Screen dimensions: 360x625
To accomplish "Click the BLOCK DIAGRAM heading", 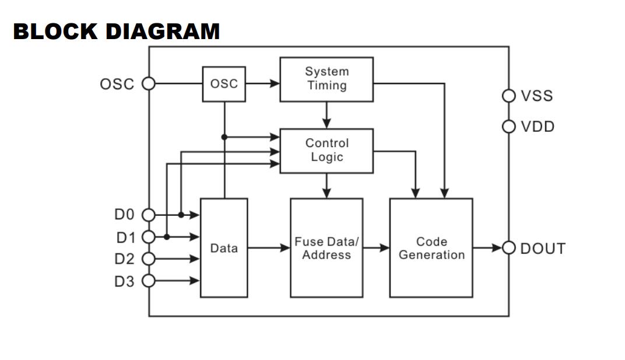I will point(116,32).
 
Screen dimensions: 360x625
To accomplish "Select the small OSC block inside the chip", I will point(224,84).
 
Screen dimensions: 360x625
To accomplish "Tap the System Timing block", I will point(326,79).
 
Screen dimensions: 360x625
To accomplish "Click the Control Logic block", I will point(326,151).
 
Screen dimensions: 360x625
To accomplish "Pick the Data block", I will point(224,248).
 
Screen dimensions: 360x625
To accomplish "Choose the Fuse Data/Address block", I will point(326,248).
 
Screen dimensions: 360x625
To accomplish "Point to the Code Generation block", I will point(431,248).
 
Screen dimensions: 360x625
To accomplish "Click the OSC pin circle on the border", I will point(149,84).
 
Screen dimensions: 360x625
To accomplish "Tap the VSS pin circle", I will point(509,96).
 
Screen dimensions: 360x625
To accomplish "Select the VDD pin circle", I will point(509,127).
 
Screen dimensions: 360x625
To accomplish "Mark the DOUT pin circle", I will point(509,248).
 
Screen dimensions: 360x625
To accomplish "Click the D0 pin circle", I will point(149,215).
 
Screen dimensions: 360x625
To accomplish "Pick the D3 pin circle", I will point(149,281).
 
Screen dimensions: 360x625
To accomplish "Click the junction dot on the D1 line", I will point(167,237).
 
